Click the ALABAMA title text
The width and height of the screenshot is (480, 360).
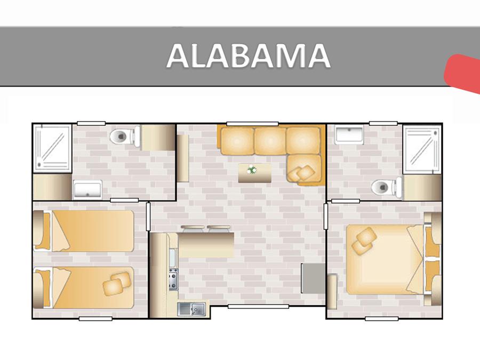tap(248, 55)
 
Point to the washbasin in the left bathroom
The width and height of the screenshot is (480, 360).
tap(87, 190)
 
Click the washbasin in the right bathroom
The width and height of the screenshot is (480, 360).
tap(349, 135)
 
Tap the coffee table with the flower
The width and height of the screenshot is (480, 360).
tap(255, 173)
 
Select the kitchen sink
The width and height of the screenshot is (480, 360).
tap(192, 309)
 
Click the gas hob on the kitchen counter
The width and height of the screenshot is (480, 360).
tap(173, 279)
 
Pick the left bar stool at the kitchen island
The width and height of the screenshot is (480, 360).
tap(193, 228)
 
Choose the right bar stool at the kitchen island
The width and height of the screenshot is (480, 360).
tap(219, 228)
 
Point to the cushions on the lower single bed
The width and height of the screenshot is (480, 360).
tap(116, 284)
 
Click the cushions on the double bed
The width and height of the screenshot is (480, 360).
tap(364, 241)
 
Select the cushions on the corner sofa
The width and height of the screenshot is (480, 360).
tap(301, 173)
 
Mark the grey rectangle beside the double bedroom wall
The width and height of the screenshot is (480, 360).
tap(313, 278)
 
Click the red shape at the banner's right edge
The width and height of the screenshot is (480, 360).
tap(463, 74)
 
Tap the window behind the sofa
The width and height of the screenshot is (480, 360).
tap(253, 124)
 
